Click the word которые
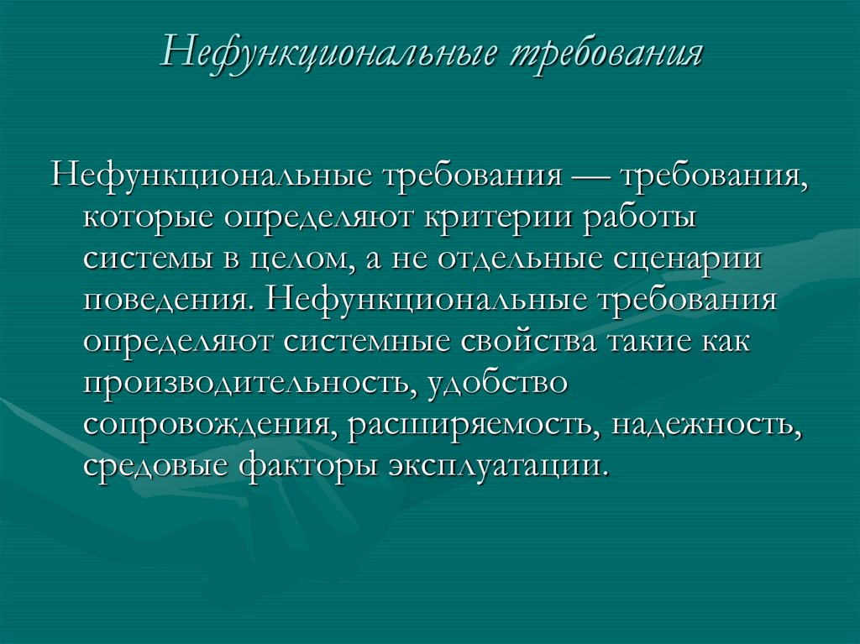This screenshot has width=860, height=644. [145, 219]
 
